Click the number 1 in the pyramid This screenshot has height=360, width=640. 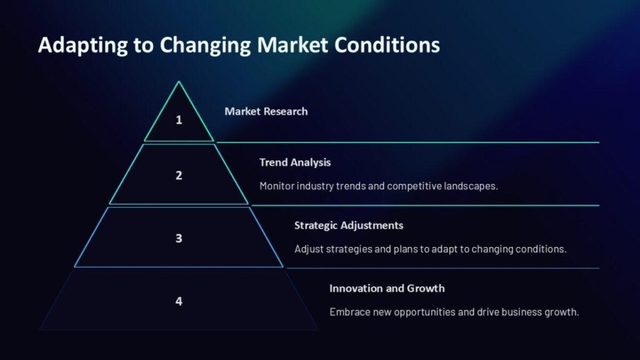tap(179, 119)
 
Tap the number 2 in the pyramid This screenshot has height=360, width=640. tap(179, 175)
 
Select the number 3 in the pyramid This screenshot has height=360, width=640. tap(179, 238)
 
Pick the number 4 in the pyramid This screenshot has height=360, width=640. tap(179, 301)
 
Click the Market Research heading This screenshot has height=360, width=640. tap(266, 111)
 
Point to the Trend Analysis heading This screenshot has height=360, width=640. tap(295, 162)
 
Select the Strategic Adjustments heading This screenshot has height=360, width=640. tap(349, 225)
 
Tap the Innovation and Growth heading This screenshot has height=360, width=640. tap(387, 288)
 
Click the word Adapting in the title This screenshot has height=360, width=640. tap(83, 45)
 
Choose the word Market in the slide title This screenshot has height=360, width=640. tap(292, 44)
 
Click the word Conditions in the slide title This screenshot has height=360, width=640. tap(387, 44)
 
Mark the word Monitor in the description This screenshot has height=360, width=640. tap(276, 186)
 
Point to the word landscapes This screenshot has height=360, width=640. tap(471, 186)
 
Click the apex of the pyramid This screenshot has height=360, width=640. tap(179, 82)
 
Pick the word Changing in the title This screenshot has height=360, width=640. tap(205, 45)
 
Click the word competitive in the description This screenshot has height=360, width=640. tap(414, 186)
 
